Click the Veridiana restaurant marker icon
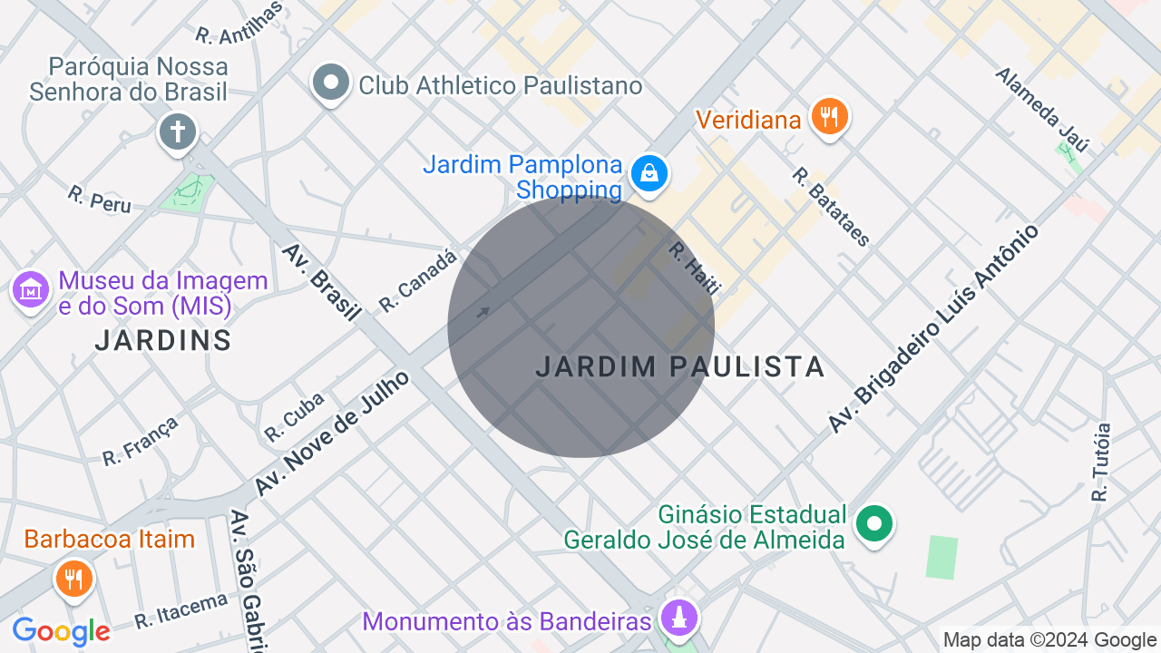pos(828,117)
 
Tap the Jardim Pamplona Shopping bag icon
pos(649,172)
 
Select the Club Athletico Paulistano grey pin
pos(330,83)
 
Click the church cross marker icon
pos(178,132)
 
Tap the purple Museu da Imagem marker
pos(32,290)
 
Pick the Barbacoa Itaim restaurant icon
pos(73,577)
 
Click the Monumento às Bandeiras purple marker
pos(679,619)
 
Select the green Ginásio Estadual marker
pos(875,523)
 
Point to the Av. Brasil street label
pos(321,282)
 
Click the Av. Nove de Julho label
pos(332,434)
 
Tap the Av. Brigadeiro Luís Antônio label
pos(933,327)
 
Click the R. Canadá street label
pos(418,281)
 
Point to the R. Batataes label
pos(831,207)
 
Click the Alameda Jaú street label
pos(1041,109)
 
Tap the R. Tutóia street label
pos(1101,463)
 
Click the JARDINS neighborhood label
pos(163,341)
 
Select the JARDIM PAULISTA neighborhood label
pos(679,367)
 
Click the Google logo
pos(62,631)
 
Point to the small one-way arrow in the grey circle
pos(483,313)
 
